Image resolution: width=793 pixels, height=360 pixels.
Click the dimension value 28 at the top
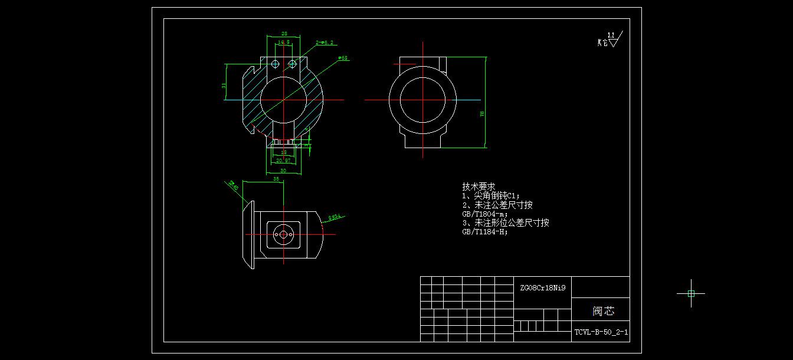click(284, 34)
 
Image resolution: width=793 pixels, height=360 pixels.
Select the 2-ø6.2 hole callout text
click(325, 42)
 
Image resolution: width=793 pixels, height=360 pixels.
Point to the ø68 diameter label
click(342, 58)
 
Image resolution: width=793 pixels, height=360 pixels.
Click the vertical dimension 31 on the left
click(224, 85)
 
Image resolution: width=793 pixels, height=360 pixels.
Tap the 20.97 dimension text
click(284, 161)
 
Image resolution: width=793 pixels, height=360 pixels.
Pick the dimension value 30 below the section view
click(283, 171)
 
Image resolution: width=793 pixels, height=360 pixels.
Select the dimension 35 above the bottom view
click(276, 179)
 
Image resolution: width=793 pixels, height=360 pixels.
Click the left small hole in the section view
click(274, 63)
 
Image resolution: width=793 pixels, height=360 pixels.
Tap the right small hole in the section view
click(292, 63)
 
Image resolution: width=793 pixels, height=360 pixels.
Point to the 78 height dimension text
click(482, 113)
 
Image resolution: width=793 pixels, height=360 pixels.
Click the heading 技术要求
click(479, 186)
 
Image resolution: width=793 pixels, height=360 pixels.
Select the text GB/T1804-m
click(484, 214)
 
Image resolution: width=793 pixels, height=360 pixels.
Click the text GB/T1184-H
click(484, 232)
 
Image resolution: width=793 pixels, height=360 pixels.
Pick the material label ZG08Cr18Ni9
click(542, 288)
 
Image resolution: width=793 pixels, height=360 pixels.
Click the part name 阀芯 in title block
click(603, 311)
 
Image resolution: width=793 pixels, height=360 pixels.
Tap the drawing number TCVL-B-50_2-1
click(601, 332)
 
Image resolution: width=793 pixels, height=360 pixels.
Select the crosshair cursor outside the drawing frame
click(691, 293)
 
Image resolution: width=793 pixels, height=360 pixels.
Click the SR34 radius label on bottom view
click(335, 218)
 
